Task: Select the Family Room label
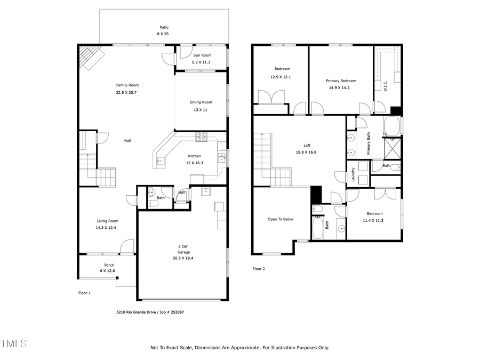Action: [127, 85]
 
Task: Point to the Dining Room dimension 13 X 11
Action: [201, 109]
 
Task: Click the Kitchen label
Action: [194, 156]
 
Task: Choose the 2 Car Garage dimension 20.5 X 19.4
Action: [183, 258]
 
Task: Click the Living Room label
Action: [107, 221]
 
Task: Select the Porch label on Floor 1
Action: [109, 265]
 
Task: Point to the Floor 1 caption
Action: [85, 293]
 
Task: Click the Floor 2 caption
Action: [259, 269]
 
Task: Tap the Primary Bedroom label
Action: [341, 81]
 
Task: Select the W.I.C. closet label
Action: [385, 86]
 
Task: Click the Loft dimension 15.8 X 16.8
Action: [307, 152]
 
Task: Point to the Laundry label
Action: [353, 174]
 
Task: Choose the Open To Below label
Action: [281, 219]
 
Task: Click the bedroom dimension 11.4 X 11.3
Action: [373, 220]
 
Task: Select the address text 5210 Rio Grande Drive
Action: [136, 313]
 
